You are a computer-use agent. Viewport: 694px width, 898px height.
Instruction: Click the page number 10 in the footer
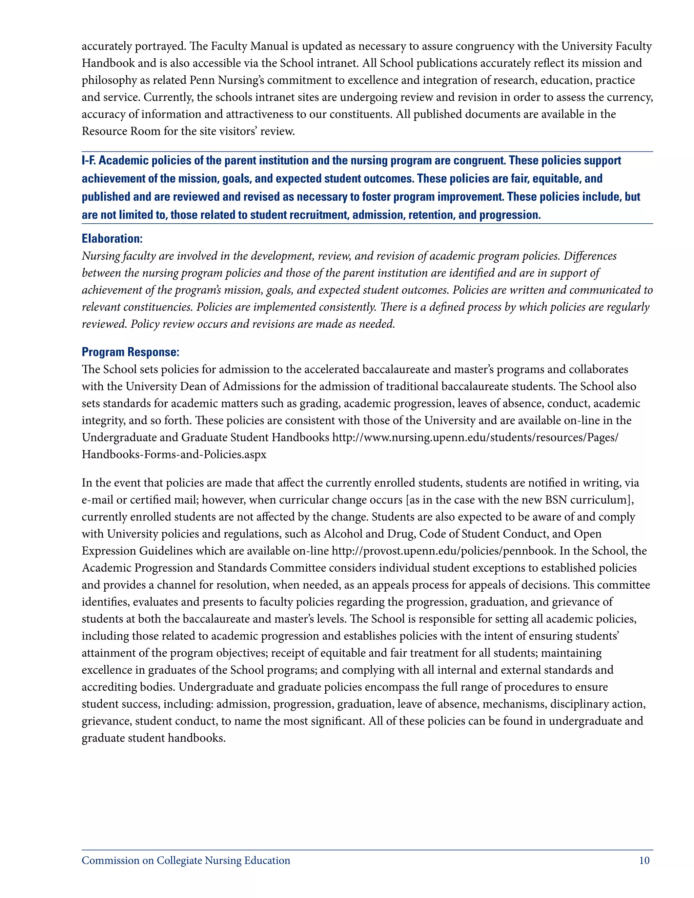(x=644, y=861)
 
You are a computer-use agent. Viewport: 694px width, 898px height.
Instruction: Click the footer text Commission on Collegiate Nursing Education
(x=186, y=861)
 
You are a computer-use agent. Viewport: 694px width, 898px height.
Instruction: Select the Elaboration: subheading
(x=112, y=239)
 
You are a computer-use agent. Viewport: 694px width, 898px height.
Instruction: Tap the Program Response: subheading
(x=130, y=352)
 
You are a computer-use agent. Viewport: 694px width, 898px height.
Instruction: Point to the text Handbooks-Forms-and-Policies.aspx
(x=174, y=454)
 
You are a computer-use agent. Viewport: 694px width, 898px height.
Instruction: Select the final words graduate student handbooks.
(x=154, y=738)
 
